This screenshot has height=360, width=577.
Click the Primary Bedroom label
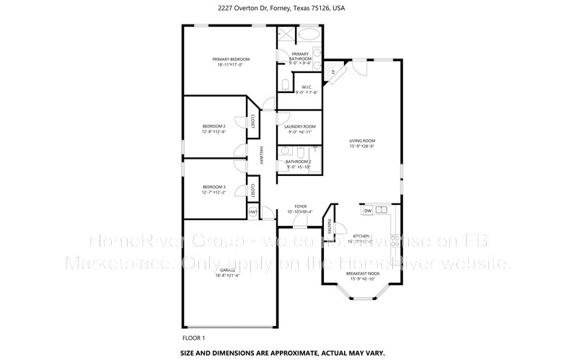pos(230,59)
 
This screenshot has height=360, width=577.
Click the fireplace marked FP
pos(333,72)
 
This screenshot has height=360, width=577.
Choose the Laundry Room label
pos(300,126)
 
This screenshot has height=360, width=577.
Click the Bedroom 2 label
pos(213,126)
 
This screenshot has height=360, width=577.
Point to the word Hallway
pos(262,159)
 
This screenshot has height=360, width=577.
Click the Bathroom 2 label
pos(299,162)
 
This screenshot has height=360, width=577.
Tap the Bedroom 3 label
pos(213,187)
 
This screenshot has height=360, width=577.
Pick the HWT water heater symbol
pos(253,212)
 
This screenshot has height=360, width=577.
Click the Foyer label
pos(300,206)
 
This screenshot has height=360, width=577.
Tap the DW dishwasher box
pos(367,211)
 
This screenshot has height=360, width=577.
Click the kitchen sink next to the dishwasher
pos(382,211)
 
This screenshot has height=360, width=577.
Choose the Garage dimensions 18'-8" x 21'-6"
pos(228,276)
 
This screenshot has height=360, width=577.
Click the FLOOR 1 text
pos(194,338)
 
